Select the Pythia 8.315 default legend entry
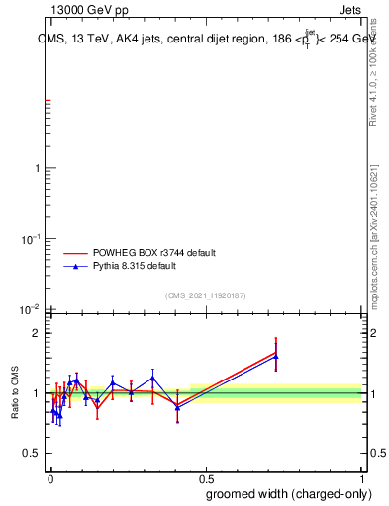pyautogui.click(x=135, y=266)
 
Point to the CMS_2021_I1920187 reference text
pyautogui.click(x=205, y=295)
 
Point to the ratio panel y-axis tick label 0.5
pyautogui.click(x=31, y=454)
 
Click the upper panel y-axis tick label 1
pyautogui.click(x=36, y=168)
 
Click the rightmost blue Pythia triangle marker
pyautogui.click(x=276, y=357)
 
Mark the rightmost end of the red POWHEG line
pyautogui.click(x=276, y=352)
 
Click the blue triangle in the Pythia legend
pyautogui.click(x=75, y=266)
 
